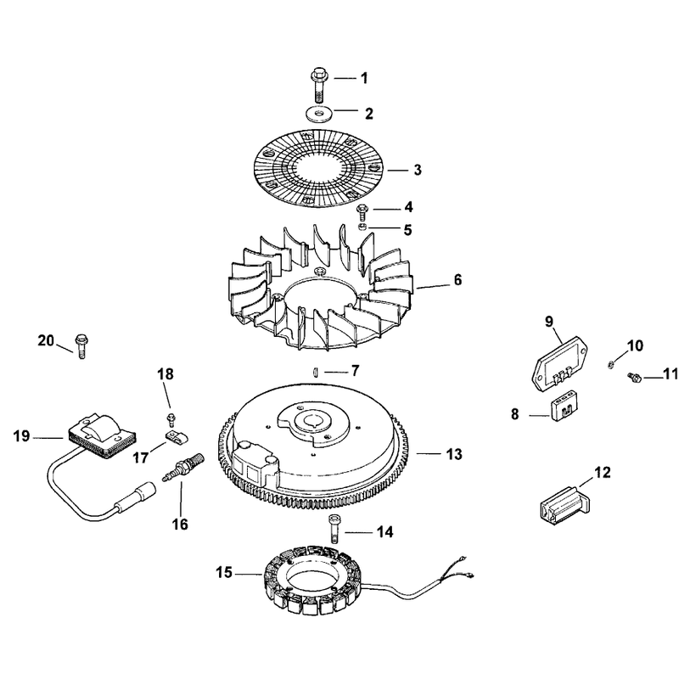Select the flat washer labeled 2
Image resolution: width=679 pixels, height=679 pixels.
(319, 115)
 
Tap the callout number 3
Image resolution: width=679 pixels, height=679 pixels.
(417, 170)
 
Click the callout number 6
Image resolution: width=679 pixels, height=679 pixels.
(457, 280)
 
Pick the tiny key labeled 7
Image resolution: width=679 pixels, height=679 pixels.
(317, 372)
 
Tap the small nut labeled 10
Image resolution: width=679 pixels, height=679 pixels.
(609, 364)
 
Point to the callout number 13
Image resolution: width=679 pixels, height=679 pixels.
(454, 454)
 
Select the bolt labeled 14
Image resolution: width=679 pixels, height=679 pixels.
(334, 528)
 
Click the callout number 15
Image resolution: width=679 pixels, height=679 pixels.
(224, 572)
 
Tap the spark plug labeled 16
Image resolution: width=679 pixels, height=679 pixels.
(183, 465)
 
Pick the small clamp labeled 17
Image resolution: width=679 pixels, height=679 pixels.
(176, 437)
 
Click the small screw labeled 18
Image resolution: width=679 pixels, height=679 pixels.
(171, 419)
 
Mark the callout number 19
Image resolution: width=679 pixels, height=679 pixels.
(22, 435)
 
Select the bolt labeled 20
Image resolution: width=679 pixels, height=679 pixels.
(81, 345)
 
